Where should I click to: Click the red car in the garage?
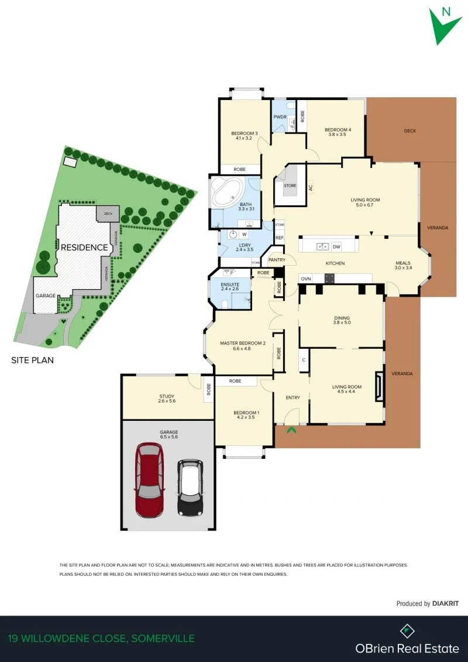pos(149,480)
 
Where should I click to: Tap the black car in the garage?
pos(190,487)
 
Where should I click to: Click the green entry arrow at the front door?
pos(291,430)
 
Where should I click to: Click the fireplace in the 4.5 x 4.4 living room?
pos(380,386)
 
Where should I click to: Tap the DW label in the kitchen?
pos(336,246)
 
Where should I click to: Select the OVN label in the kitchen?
pos(305,279)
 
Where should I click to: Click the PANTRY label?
pos(277,260)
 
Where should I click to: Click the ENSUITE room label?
pos(230,284)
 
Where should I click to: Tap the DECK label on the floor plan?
pos(409,131)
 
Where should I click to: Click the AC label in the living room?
pos(311,187)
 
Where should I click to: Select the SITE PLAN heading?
pos(33,361)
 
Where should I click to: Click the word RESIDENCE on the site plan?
pos(84,248)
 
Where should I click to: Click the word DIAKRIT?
pos(445,603)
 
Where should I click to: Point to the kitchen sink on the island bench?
pos(324,246)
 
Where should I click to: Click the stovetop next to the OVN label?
pos(329,279)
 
